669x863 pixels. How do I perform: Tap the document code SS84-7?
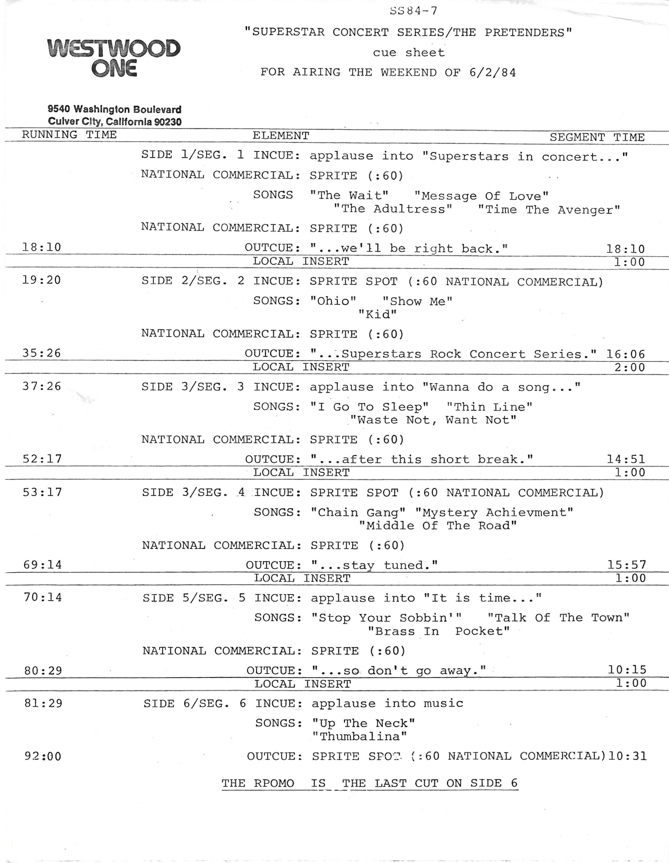click(413, 11)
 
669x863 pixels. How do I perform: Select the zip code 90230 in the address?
click(167, 122)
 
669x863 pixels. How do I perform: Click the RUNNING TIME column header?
click(69, 135)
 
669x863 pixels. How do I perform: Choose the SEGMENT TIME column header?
click(597, 137)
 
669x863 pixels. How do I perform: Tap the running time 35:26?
click(41, 353)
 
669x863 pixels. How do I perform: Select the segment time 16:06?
click(626, 354)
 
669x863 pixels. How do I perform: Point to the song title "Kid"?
click(377, 315)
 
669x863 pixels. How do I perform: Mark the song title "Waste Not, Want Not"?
click(433, 420)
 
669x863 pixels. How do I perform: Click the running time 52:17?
click(42, 459)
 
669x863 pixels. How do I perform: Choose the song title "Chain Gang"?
click(358, 512)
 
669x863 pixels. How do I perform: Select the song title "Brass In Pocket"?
click(438, 631)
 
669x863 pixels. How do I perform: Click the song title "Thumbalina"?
click(359, 737)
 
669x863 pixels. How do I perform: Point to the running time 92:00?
click(43, 756)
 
